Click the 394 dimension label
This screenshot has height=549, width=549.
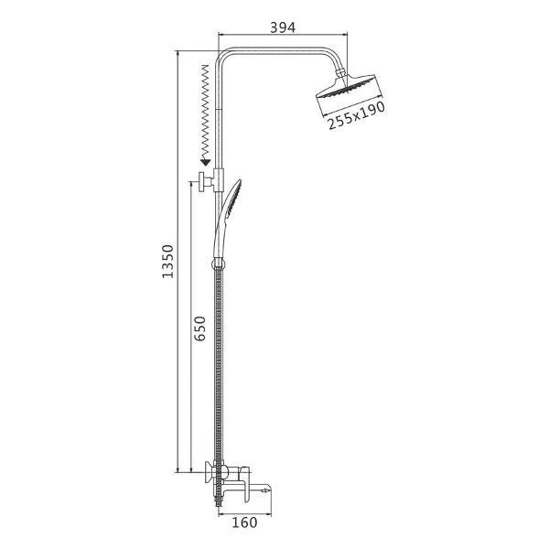click(x=283, y=27)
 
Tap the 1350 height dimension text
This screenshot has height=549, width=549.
click(x=167, y=262)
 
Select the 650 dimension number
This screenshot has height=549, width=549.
click(x=199, y=328)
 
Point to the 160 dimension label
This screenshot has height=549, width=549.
click(x=244, y=522)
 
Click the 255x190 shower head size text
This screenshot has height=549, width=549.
click(x=357, y=115)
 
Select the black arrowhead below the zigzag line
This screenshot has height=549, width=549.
click(x=205, y=162)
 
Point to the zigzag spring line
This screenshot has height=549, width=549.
click(x=204, y=112)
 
